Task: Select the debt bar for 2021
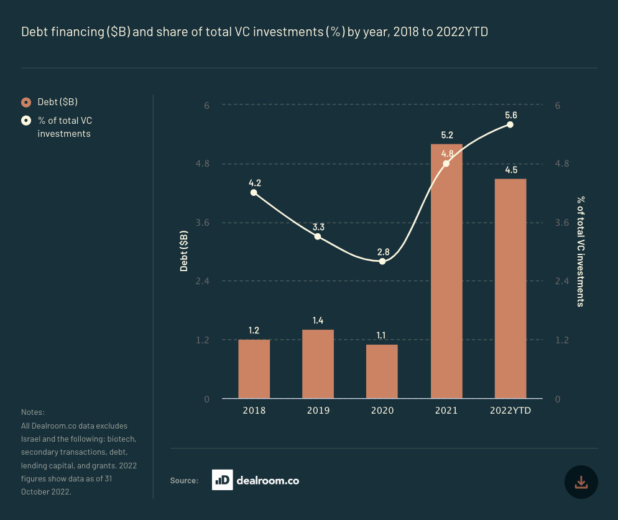(x=446, y=271)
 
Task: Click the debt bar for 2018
(x=254, y=369)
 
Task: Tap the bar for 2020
(x=382, y=371)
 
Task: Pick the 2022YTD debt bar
(x=510, y=289)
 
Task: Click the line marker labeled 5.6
(x=510, y=124)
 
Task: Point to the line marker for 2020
(x=382, y=261)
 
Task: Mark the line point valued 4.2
(x=254, y=193)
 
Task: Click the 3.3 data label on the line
(x=318, y=226)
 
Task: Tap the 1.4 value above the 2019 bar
(x=318, y=320)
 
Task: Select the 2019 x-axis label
(x=318, y=411)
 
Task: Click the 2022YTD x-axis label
(x=510, y=411)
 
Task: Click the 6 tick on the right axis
(x=558, y=106)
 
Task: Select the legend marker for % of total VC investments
(x=26, y=121)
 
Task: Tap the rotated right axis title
(x=579, y=251)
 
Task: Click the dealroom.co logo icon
(x=222, y=480)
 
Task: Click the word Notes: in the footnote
(x=33, y=412)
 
